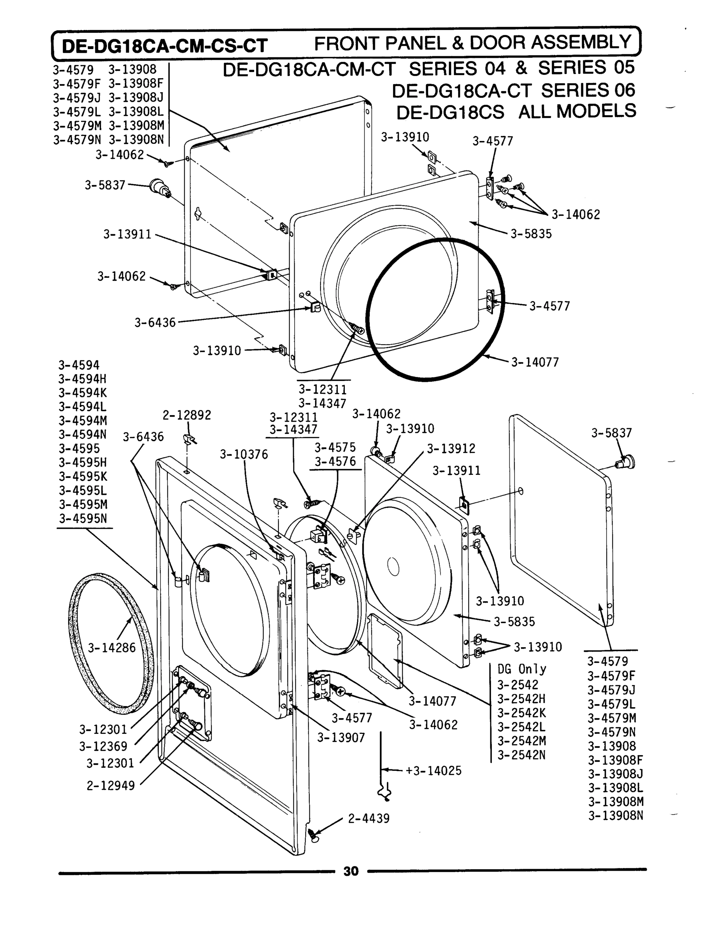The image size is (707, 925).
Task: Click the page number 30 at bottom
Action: click(351, 871)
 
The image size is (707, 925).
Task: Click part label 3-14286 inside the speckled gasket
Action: click(111, 648)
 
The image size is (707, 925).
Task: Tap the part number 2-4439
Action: click(369, 819)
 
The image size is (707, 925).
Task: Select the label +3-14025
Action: click(434, 771)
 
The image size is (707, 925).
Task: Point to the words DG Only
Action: click(522, 669)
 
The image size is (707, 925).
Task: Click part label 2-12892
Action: click(187, 415)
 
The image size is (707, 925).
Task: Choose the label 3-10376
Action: click(244, 454)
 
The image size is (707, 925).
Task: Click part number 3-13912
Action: click(451, 449)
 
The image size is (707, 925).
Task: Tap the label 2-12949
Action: click(111, 785)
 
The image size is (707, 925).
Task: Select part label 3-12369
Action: click(103, 746)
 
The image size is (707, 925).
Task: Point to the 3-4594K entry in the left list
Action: click(83, 393)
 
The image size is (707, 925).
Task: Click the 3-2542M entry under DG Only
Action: click(521, 741)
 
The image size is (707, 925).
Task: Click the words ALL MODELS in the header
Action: click(577, 111)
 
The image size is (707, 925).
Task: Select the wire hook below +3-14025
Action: click(384, 792)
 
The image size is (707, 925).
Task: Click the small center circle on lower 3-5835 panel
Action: click(393, 567)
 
